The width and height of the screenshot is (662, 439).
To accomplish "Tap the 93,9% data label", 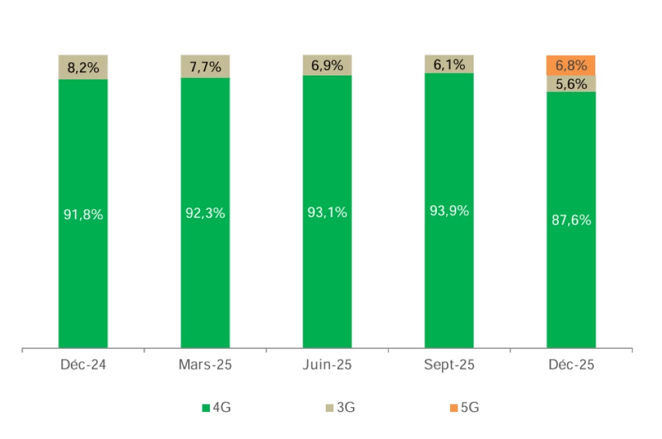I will (449, 211).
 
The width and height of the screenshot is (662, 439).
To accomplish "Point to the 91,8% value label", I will (83, 215).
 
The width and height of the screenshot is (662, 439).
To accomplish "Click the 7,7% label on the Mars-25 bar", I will (205, 66).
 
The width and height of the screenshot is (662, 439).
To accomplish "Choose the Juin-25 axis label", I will (327, 365).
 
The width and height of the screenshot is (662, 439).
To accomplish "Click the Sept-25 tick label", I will (449, 365).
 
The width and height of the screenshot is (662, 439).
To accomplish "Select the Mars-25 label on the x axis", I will (205, 365).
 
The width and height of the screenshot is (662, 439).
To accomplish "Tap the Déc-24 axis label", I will (83, 365).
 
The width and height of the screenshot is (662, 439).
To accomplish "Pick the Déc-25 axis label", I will (571, 365).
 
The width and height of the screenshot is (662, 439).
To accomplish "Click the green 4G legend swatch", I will (205, 408).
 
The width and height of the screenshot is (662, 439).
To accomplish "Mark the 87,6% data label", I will (571, 220).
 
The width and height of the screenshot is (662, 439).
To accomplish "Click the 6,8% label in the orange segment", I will (571, 66).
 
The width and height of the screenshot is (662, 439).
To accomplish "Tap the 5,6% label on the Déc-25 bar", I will (571, 83).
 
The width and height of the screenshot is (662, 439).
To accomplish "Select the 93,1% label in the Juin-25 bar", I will (327, 213).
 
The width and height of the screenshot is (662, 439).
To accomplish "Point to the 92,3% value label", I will (205, 214).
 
